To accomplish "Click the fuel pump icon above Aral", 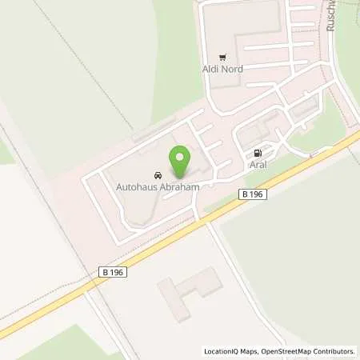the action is [257, 153].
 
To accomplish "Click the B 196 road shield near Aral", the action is [253, 193].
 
